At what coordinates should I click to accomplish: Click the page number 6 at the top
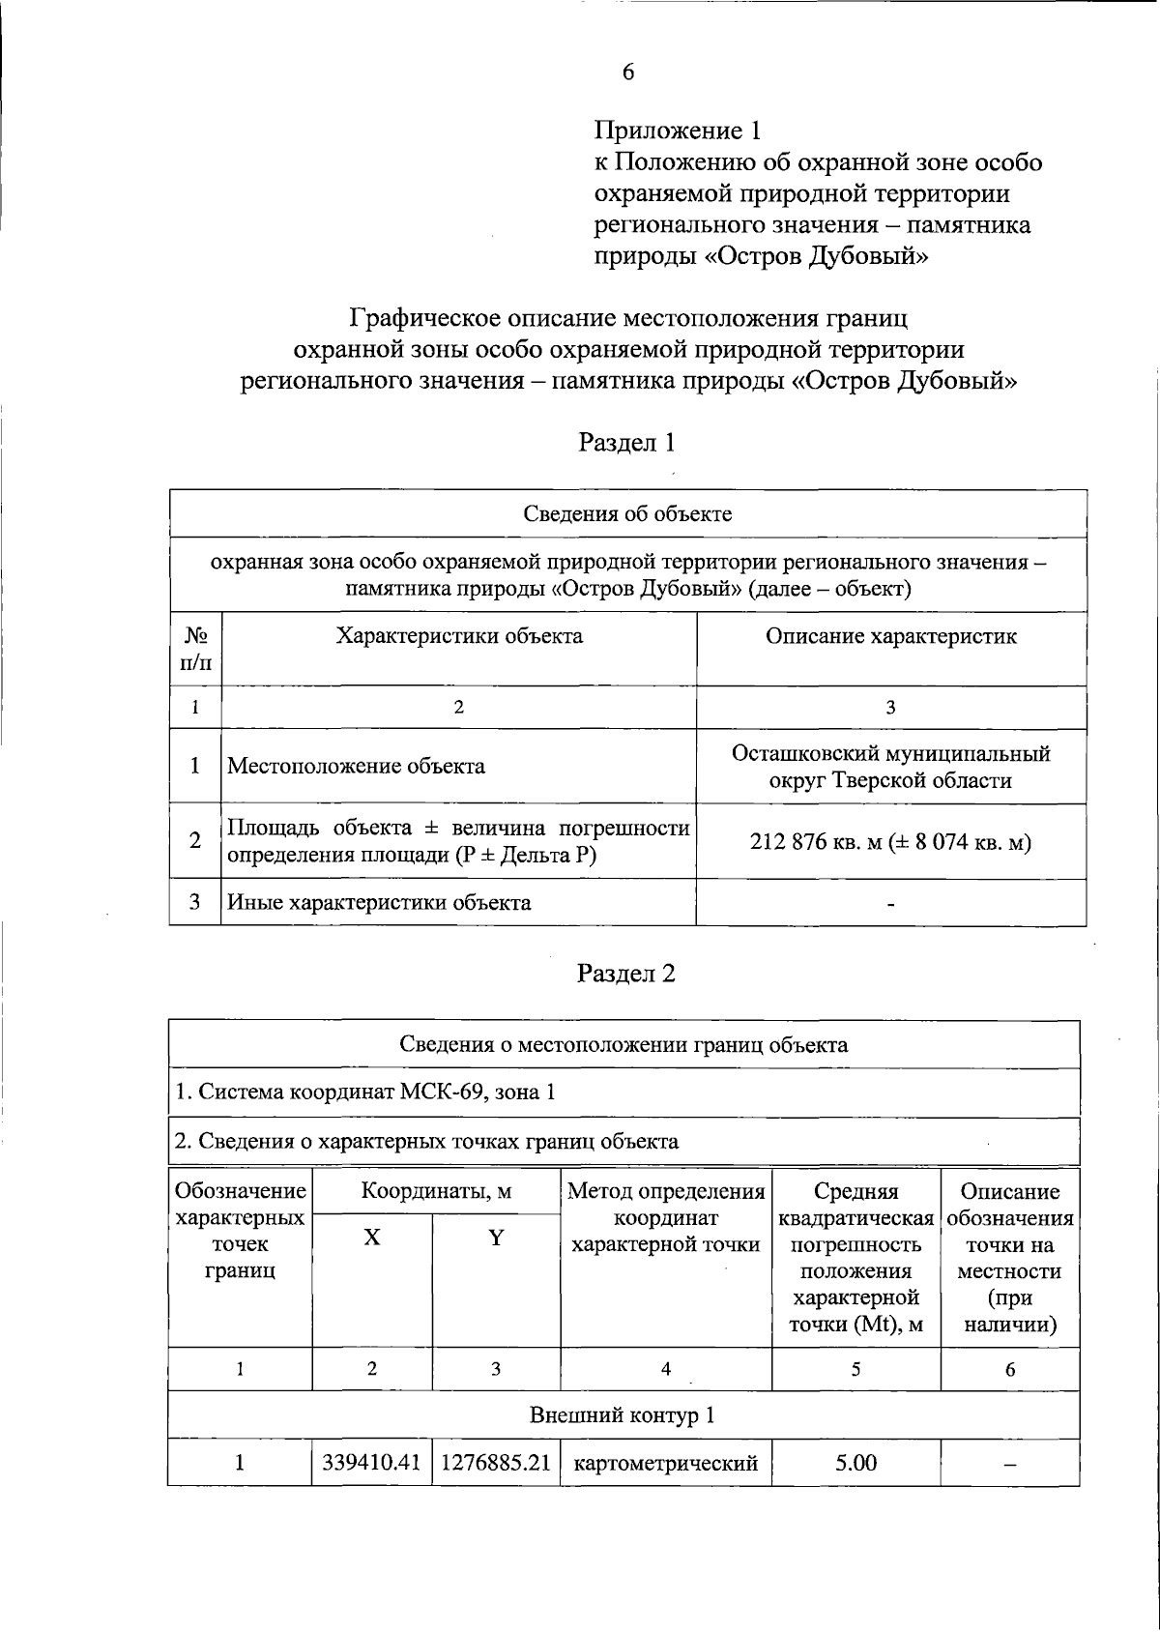click(x=627, y=73)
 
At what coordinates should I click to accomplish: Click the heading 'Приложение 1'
click(x=678, y=131)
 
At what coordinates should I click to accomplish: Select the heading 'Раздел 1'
click(x=626, y=443)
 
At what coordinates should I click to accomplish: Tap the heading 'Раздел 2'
click(x=626, y=974)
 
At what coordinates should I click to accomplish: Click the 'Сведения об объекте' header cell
click(x=627, y=513)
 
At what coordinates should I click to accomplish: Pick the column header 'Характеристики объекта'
click(x=459, y=636)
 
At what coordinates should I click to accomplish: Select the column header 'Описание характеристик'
click(x=890, y=636)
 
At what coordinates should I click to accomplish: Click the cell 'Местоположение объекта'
click(x=356, y=767)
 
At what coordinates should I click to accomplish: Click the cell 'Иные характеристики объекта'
click(x=379, y=903)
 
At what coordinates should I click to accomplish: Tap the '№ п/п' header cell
click(x=196, y=649)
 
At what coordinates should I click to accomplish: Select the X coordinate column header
click(x=372, y=1238)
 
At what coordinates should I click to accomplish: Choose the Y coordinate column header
click(x=496, y=1238)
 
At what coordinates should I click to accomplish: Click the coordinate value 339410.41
click(x=372, y=1463)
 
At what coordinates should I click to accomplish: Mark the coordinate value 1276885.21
click(x=496, y=1463)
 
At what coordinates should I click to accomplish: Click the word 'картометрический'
click(x=666, y=1464)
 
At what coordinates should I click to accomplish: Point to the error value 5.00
click(x=855, y=1463)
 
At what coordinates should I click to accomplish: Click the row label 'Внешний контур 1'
click(x=623, y=1415)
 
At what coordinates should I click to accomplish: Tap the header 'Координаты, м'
click(x=436, y=1191)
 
